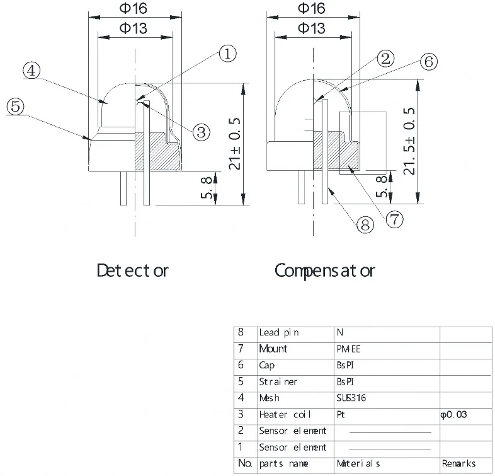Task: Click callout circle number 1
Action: pos(227,54)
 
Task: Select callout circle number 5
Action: pos(16,106)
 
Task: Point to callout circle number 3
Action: pos(201,131)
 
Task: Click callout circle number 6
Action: pos(428,62)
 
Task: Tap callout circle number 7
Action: pos(394,219)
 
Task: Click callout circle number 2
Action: pos(385,59)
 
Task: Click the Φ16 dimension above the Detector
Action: pos(135,9)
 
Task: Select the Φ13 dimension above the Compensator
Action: pos(310,28)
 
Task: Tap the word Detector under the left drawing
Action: pos(132,271)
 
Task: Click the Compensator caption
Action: pos(324,271)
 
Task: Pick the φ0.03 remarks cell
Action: pos(453,415)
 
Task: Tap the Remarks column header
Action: pos(458,464)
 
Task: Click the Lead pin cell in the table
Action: pos(279,332)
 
